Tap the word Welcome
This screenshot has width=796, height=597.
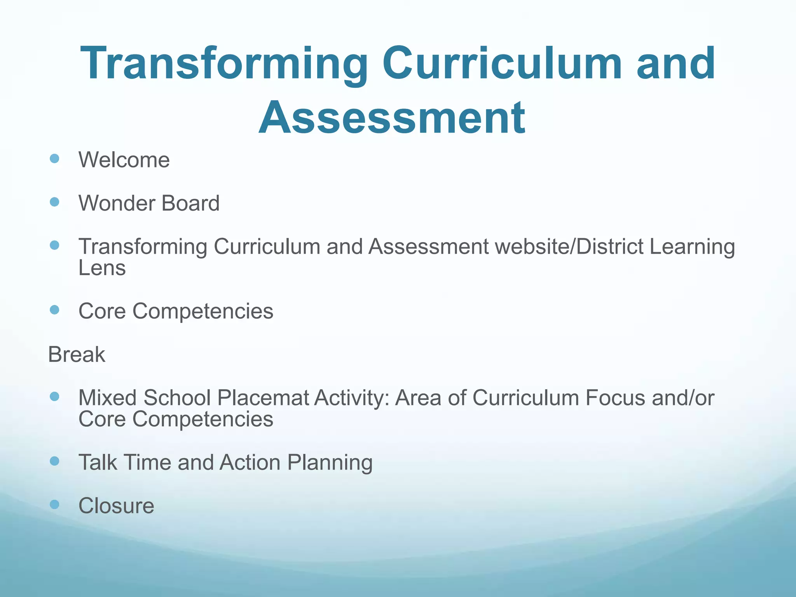(124, 160)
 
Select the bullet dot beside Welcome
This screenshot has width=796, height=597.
(55, 159)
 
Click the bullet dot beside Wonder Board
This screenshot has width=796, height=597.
(55, 202)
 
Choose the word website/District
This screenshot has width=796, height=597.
(570, 247)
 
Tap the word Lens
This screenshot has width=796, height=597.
(102, 268)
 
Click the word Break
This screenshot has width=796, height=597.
(77, 355)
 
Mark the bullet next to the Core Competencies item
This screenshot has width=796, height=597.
(55, 310)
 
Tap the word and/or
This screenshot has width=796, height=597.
(683, 398)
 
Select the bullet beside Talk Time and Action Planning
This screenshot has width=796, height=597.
(55, 461)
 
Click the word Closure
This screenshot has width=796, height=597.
(116, 506)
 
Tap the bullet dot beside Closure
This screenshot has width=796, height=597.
(55, 504)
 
